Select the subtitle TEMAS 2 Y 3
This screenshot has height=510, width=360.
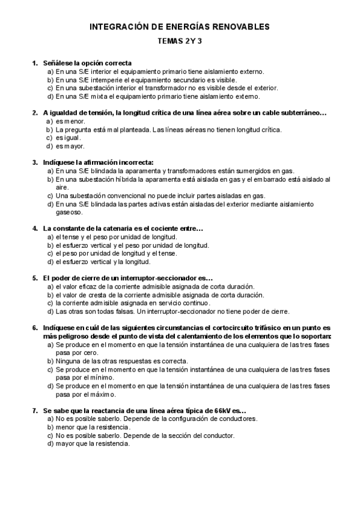point(180,41)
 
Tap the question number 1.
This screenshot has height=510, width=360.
point(34,63)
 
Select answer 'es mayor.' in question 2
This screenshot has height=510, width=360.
point(70,146)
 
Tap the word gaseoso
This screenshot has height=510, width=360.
point(69,212)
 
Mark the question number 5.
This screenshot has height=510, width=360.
point(34,278)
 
